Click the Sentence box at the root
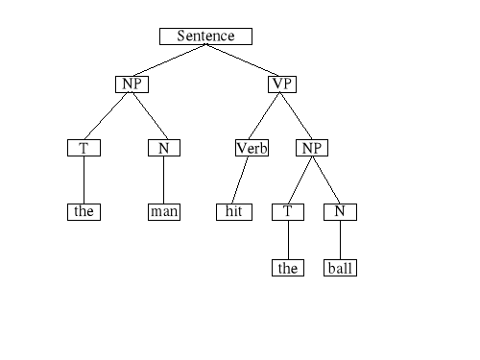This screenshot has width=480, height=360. pyautogui.click(x=205, y=36)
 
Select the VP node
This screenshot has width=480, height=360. pyautogui.click(x=281, y=84)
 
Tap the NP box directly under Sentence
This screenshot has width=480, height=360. pyautogui.click(x=132, y=84)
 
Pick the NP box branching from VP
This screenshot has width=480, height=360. pyautogui.click(x=311, y=148)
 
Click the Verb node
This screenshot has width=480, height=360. pyautogui.click(x=252, y=148)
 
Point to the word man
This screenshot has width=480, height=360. pyautogui.click(x=164, y=211)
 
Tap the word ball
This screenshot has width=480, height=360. pyautogui.click(x=341, y=268)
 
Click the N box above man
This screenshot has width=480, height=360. pyautogui.click(x=163, y=148)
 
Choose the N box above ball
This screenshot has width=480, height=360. pyautogui.click(x=340, y=211)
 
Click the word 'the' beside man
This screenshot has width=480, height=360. pyautogui.click(x=84, y=211)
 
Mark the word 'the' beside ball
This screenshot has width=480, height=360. pyautogui.click(x=288, y=268)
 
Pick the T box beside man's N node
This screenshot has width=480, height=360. pyautogui.click(x=84, y=148)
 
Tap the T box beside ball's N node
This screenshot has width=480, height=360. pyautogui.click(x=287, y=211)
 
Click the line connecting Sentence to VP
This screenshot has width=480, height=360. pyautogui.click(x=244, y=60)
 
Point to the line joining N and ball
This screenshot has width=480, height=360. pyautogui.click(x=340, y=239)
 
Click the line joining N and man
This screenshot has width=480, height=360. pyautogui.click(x=163, y=180)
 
